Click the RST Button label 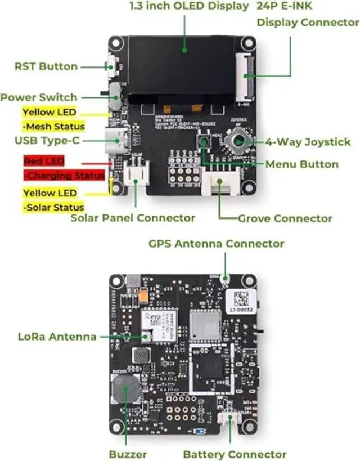point(46,66)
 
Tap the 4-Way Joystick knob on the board point(238,141)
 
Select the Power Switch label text point(39,97)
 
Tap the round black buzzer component point(125,388)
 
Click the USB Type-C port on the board point(116,141)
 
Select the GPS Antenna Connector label point(216,244)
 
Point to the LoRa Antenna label point(57,337)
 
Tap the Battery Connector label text point(235,454)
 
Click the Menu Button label point(301,164)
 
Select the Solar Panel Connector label point(133,218)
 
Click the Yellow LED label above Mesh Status point(49,112)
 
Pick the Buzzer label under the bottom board point(128,454)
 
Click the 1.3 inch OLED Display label point(188,6)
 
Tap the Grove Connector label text point(285,218)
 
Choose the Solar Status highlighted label point(53,207)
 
